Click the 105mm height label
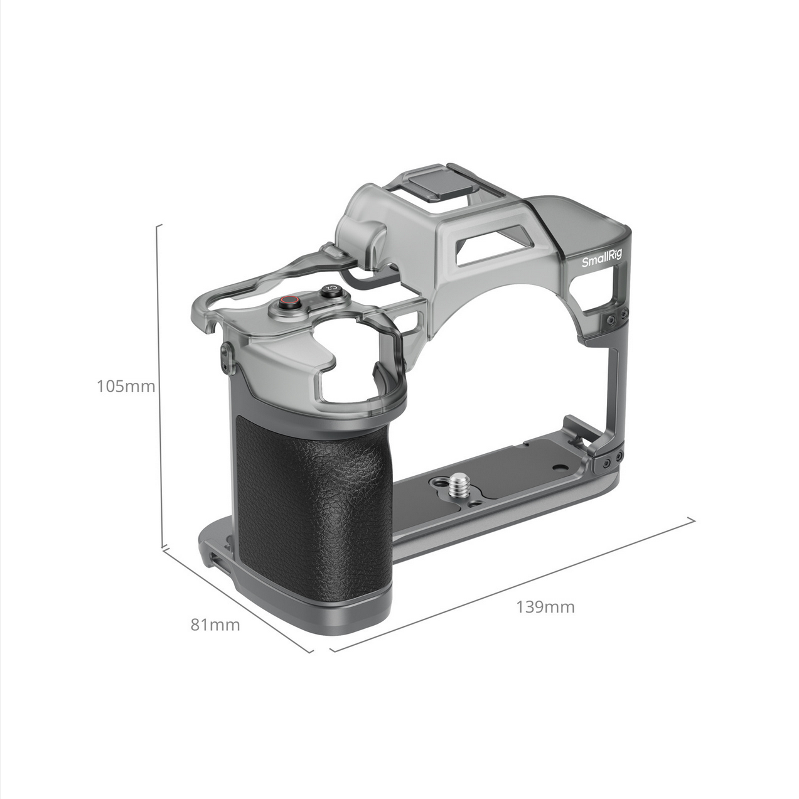pos(126,387)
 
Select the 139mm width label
pos(545,607)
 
